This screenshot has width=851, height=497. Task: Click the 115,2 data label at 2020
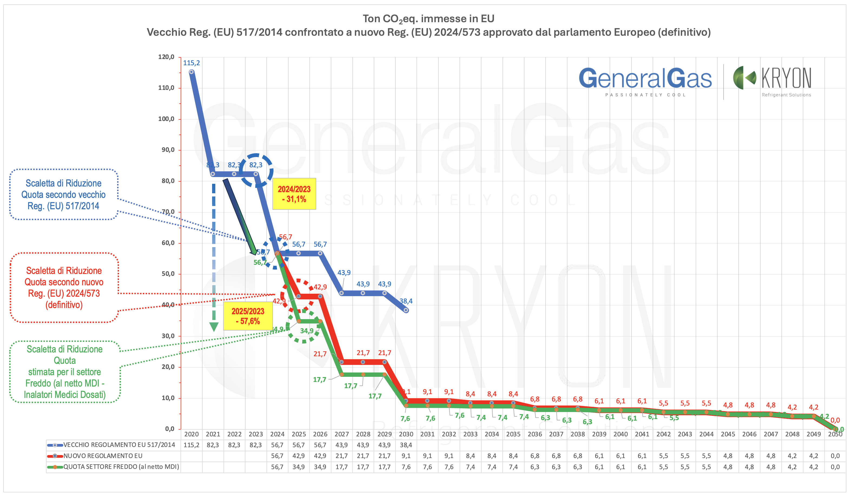(191, 63)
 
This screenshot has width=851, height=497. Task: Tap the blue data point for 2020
(191, 72)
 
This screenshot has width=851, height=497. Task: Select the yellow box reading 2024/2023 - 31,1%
(294, 194)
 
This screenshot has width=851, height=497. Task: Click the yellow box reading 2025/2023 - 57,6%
(248, 316)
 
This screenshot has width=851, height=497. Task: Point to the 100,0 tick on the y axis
(166, 119)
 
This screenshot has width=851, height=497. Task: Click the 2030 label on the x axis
(406, 434)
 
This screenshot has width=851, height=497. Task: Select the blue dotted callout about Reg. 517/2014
(64, 195)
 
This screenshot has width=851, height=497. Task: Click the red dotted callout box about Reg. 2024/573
(64, 287)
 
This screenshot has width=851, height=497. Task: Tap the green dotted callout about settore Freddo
(64, 372)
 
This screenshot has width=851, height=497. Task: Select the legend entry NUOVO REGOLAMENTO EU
(103, 456)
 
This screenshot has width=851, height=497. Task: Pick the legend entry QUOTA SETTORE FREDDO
(121, 467)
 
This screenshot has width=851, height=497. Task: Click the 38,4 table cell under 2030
(406, 445)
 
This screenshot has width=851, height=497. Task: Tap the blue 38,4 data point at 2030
(406, 310)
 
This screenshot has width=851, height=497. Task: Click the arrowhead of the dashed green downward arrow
(214, 327)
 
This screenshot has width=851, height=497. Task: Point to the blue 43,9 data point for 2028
(363, 293)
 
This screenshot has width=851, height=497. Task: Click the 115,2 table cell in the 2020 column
(191, 445)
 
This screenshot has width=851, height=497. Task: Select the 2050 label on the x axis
(835, 434)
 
